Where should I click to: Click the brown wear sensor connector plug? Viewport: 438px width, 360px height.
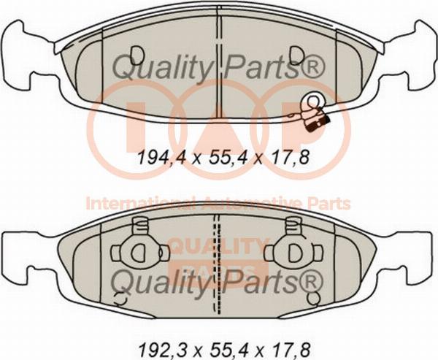tap(317, 118)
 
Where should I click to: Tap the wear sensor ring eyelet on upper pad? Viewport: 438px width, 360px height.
tap(313, 100)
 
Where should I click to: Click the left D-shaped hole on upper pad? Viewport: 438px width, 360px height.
tap(138, 54)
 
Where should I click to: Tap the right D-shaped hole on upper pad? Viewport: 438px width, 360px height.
tap(296, 54)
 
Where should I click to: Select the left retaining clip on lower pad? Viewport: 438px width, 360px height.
tap(140, 247)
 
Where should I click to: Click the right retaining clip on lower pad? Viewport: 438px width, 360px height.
tap(293, 247)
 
